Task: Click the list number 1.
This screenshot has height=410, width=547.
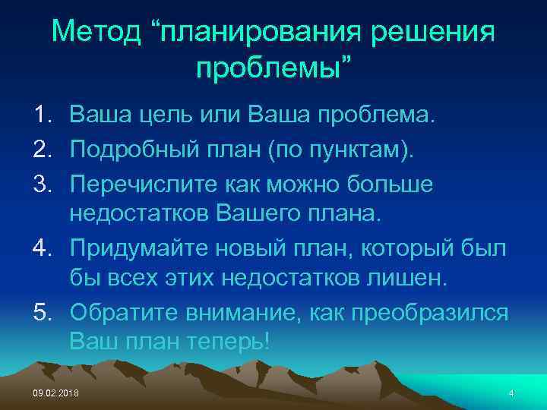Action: click(41, 115)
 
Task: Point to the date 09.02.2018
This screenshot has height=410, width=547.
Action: click(55, 393)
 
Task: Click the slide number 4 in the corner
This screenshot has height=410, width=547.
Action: click(511, 393)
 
